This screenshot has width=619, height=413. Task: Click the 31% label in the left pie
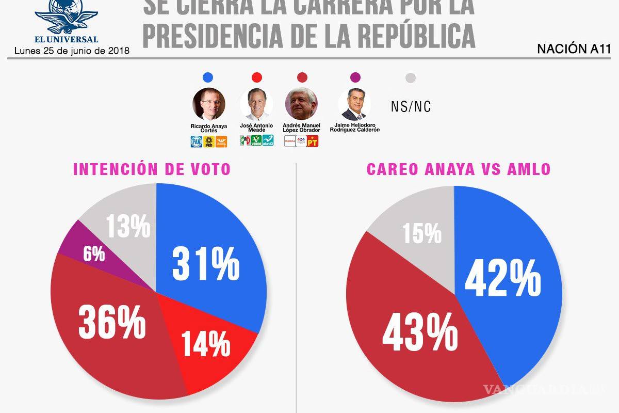[206, 264]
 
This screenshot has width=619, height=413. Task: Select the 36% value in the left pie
[112, 322]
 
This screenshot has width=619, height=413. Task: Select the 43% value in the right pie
[420, 333]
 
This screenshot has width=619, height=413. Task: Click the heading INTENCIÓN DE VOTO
[152, 170]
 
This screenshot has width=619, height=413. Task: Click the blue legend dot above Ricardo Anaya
[208, 78]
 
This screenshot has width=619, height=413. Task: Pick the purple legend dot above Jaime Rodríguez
[355, 78]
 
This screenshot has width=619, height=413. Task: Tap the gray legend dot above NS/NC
[411, 78]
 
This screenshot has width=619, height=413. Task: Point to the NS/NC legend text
[411, 107]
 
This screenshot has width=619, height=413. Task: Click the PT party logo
[313, 141]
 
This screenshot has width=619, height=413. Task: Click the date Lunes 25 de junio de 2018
[72, 51]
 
